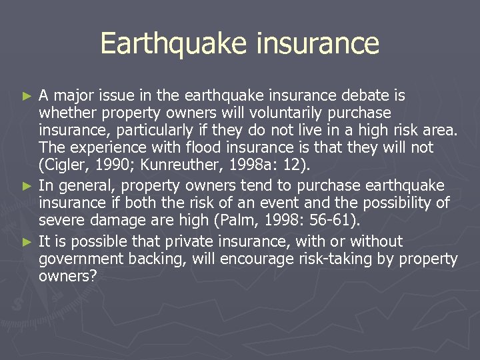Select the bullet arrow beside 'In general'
pos(27,184)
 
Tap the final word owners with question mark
pos(68,276)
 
